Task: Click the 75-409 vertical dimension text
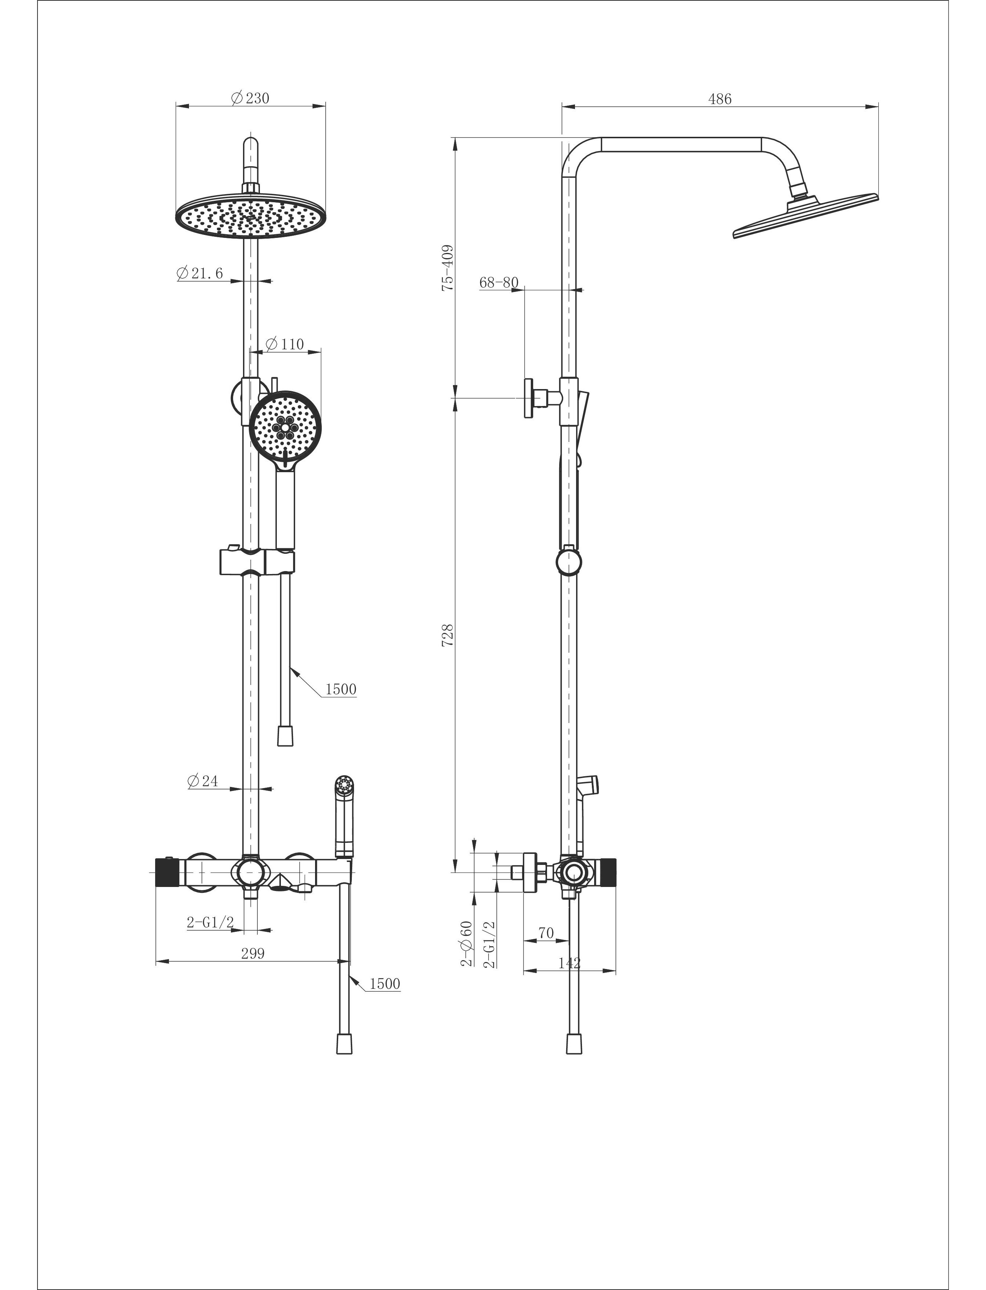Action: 448,268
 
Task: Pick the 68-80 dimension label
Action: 499,282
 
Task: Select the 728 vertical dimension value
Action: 448,635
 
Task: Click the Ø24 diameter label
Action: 203,781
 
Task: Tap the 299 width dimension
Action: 253,954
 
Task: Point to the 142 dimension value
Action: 569,963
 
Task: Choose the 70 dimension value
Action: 546,933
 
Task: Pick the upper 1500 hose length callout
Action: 340,689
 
